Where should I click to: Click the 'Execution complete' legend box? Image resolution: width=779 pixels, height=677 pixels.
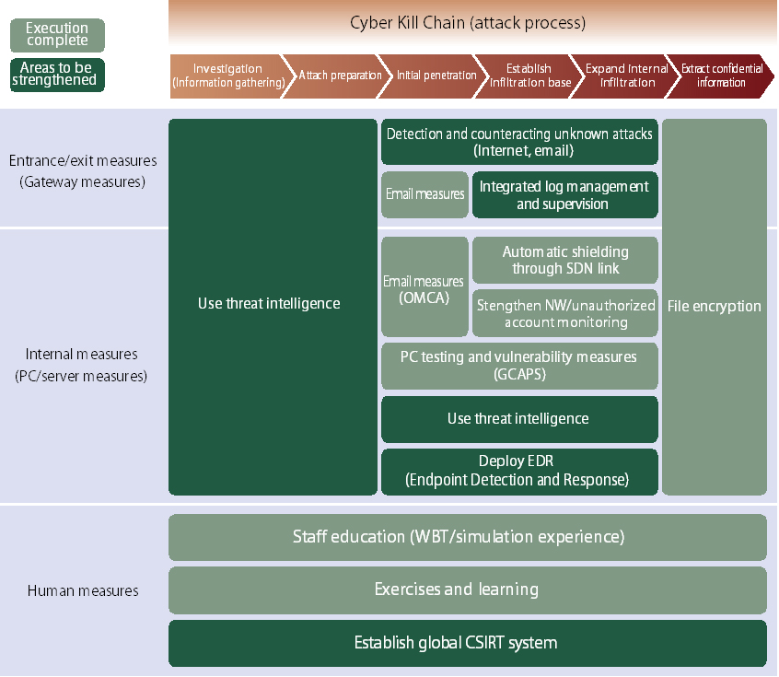click(x=57, y=35)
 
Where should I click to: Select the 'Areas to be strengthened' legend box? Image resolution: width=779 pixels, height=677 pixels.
click(x=57, y=75)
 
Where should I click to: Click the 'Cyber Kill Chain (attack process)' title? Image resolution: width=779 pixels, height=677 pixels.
click(x=468, y=22)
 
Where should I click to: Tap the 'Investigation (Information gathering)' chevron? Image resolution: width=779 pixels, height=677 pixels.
click(x=227, y=76)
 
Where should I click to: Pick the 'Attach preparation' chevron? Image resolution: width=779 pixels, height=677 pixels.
click(x=339, y=76)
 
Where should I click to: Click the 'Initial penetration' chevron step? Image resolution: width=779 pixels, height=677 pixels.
click(x=436, y=76)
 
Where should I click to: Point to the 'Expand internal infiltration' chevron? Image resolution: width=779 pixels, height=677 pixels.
click(x=627, y=76)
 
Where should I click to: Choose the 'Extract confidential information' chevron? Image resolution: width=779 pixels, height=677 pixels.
click(x=722, y=76)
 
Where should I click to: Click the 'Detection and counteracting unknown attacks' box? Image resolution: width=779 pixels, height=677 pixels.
click(x=519, y=142)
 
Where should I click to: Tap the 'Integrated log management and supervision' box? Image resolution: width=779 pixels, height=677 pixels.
click(x=564, y=194)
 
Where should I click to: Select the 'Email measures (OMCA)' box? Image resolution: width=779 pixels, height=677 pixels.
click(x=424, y=286)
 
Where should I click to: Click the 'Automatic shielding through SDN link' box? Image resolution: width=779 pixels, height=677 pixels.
click(x=564, y=260)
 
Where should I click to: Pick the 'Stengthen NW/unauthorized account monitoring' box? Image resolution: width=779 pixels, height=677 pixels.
click(x=564, y=313)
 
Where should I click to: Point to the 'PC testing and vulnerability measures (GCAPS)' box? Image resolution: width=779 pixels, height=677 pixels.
click(x=519, y=366)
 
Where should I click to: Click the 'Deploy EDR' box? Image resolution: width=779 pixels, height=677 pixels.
click(x=519, y=471)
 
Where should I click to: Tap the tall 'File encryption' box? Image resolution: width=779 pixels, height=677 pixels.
click(x=714, y=306)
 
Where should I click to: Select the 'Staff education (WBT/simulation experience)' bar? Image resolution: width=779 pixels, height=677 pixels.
click(x=467, y=537)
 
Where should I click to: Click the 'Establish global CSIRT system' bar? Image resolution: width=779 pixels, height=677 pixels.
click(x=467, y=643)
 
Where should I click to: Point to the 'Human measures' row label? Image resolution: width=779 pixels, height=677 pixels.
click(x=83, y=590)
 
